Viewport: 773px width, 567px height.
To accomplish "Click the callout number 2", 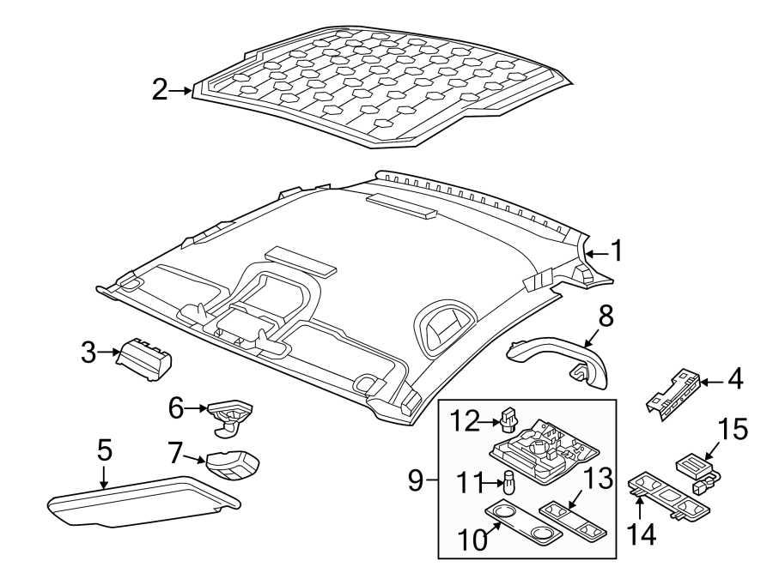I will (161, 90).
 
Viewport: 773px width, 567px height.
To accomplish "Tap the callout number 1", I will (615, 250).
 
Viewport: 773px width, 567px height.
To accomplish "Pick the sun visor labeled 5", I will (137, 502).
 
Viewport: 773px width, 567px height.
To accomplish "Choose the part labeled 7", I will (233, 466).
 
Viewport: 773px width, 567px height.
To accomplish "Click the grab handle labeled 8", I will (558, 357).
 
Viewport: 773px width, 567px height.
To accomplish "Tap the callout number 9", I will (416, 481).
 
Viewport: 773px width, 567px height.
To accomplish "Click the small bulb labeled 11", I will (508, 483).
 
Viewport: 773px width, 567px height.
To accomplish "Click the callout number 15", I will (733, 431).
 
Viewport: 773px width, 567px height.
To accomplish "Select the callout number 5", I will (104, 449).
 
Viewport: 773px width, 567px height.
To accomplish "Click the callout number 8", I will (606, 317).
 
